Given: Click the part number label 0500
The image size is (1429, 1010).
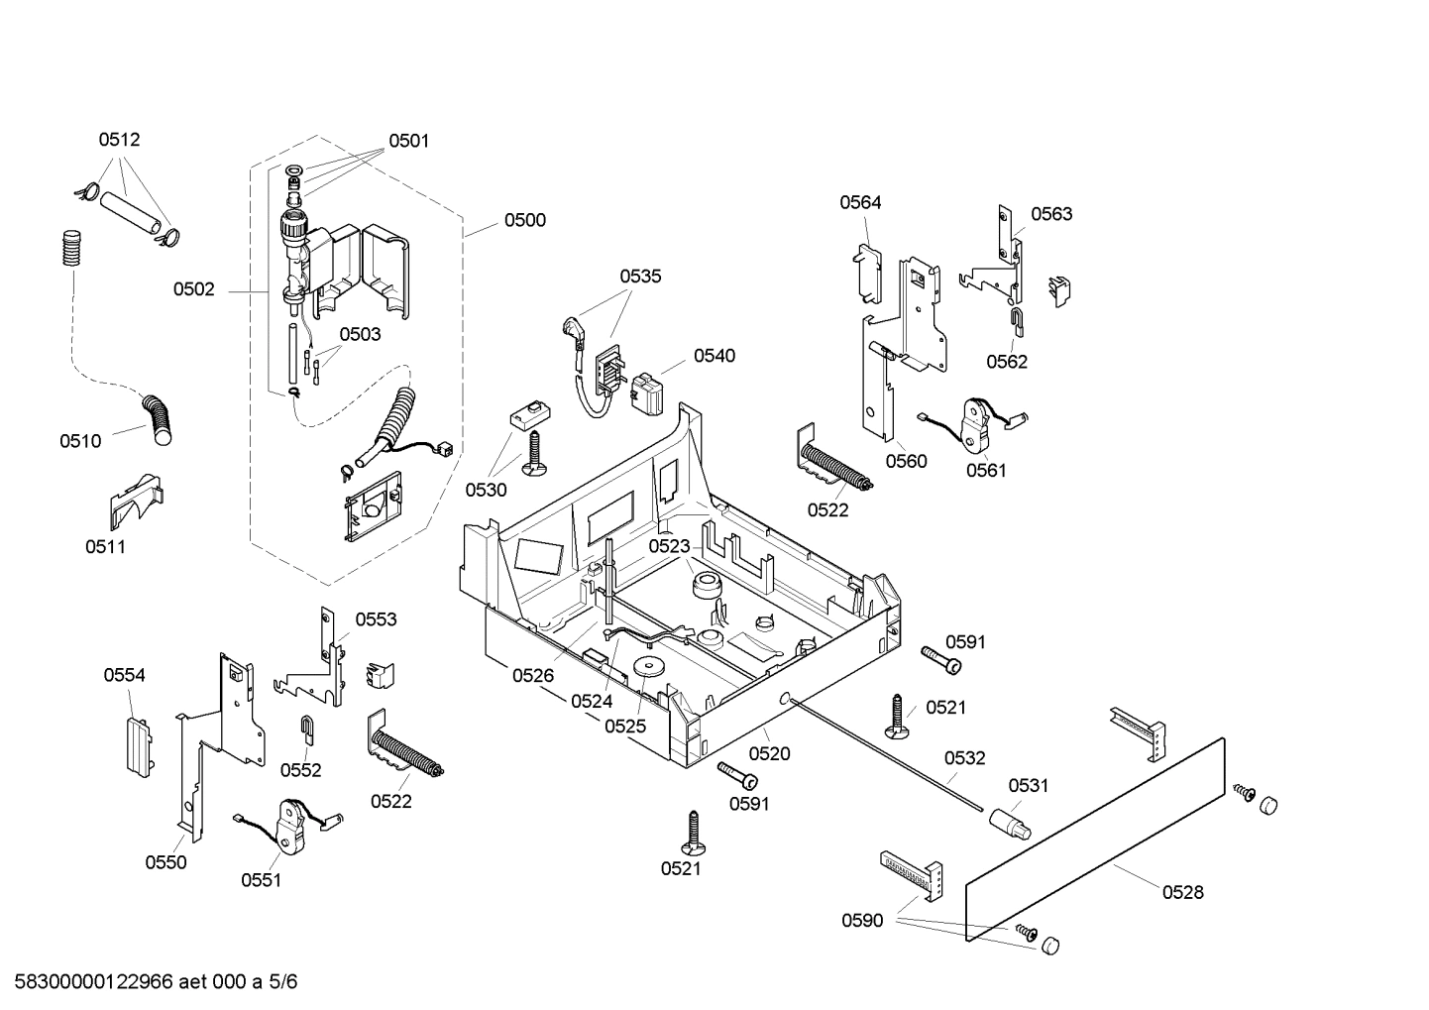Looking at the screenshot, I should coord(524,220).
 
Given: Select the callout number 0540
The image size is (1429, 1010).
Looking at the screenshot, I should coord(714,356).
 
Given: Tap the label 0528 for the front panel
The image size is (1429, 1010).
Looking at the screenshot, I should coord(1182,892).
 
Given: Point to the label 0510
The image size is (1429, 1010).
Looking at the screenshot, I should coord(80,441).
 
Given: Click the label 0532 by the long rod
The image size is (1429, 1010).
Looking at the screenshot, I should coord(964,758).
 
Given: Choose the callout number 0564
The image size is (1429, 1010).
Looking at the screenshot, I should coord(860,202).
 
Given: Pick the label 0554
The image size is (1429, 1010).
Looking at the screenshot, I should coord(124,675).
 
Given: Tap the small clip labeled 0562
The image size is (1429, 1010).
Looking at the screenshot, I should coord(1017,319).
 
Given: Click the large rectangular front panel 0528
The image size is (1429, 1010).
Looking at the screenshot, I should coord(1095,832).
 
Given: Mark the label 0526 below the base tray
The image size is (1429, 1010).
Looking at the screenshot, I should coord(533,676).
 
